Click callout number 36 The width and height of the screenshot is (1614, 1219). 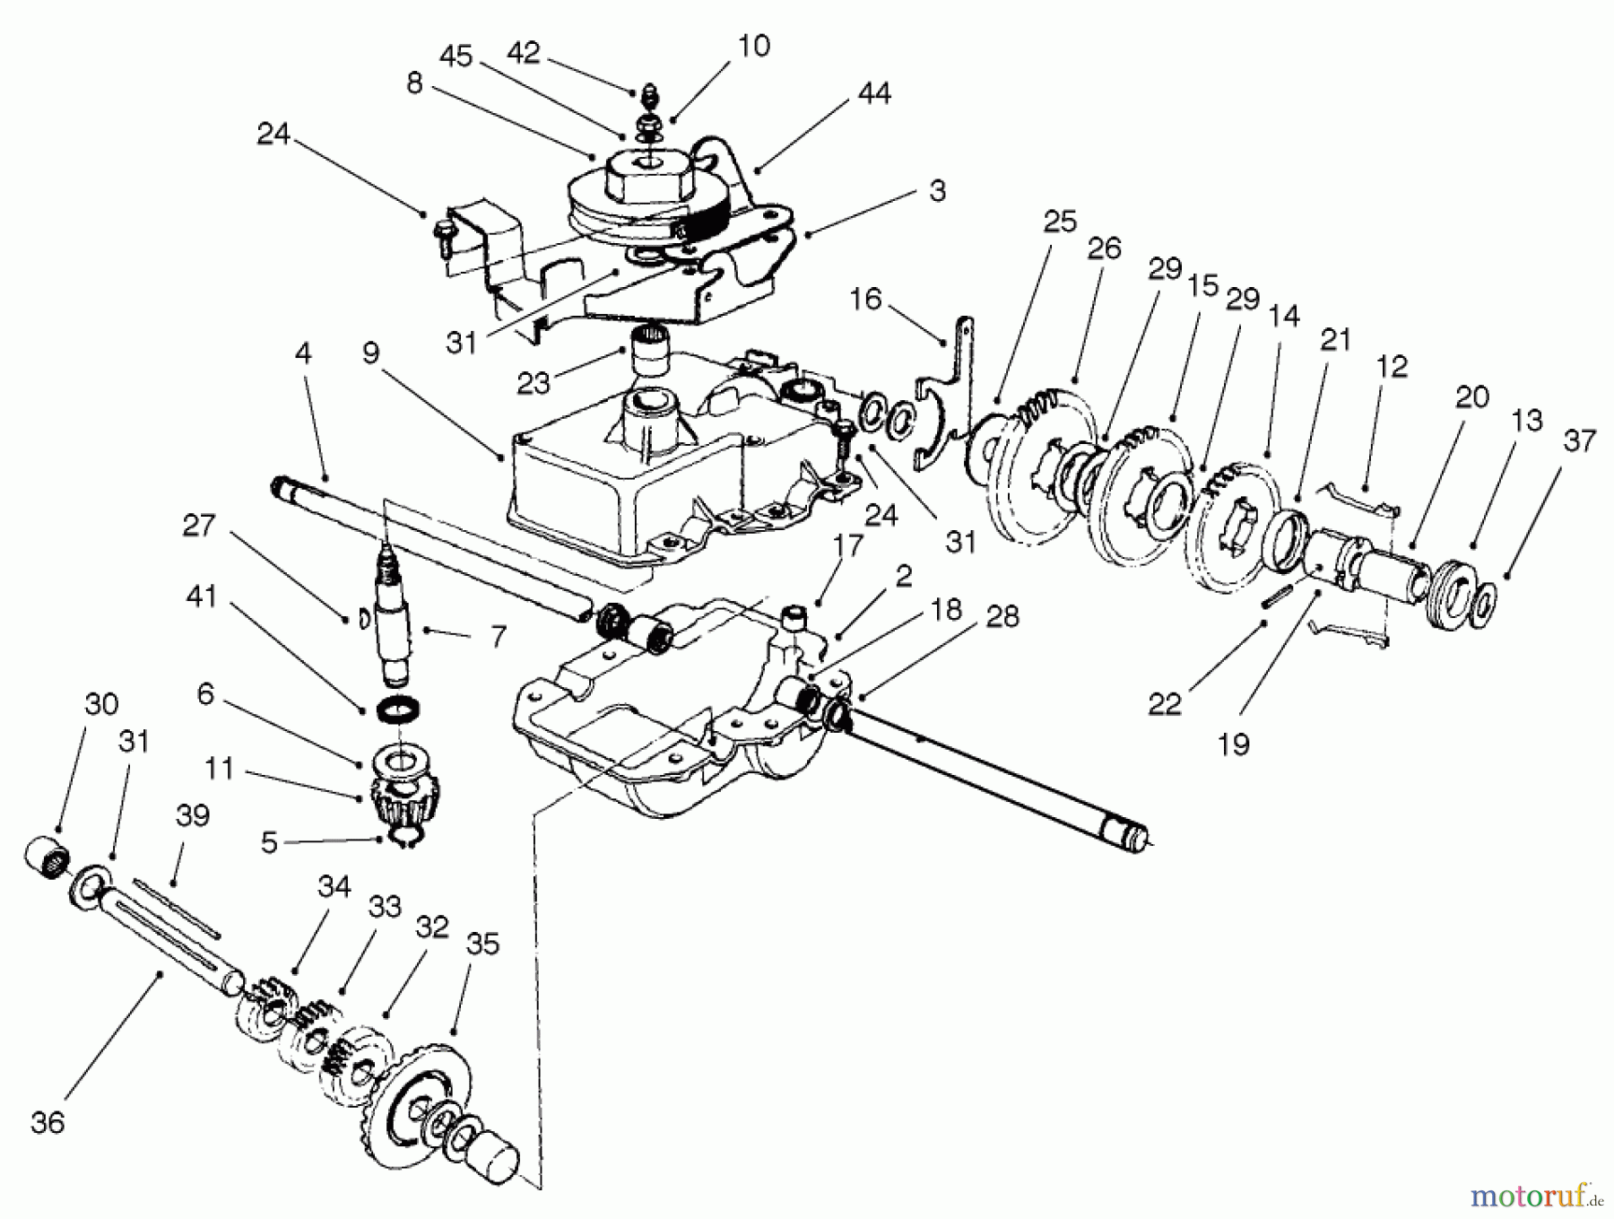[x=47, y=1123]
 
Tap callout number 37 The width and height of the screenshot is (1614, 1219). [x=1579, y=441]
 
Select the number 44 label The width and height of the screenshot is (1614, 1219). [x=874, y=93]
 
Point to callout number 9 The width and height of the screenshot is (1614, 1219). [x=370, y=354]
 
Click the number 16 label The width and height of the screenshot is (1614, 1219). [x=865, y=299]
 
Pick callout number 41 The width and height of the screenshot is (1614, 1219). [x=201, y=596]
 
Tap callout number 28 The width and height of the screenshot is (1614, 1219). [x=1002, y=617]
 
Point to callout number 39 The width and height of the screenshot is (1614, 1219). [x=193, y=816]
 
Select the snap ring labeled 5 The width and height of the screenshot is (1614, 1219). [x=405, y=839]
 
